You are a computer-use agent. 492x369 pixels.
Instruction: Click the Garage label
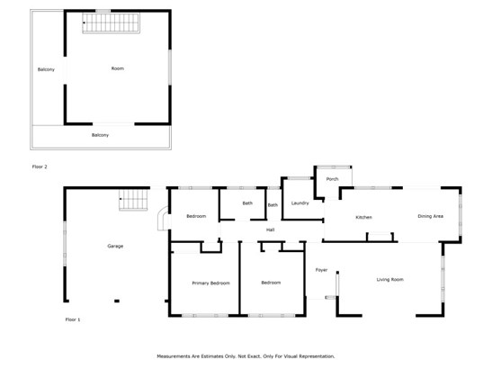115,247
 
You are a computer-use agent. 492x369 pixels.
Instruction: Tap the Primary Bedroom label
210,283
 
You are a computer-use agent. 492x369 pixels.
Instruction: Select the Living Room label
390,280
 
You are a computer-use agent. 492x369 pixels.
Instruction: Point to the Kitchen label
363,217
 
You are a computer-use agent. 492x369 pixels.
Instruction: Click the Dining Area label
431,216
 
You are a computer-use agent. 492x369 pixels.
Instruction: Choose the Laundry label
300,203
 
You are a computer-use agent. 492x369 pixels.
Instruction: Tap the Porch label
332,179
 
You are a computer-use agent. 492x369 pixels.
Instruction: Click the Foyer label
321,270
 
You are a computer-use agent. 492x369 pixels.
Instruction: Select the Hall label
271,229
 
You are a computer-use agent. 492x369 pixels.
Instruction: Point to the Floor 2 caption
40,166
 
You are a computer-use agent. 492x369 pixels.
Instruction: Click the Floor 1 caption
73,319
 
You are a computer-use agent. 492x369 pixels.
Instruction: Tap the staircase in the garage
133,200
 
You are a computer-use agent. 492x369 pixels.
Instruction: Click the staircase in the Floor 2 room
111,22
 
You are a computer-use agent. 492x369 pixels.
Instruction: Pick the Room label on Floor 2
118,68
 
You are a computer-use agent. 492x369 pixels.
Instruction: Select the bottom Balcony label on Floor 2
100,135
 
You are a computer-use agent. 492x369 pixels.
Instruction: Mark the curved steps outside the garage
163,219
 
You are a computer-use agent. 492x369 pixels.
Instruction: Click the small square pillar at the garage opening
117,301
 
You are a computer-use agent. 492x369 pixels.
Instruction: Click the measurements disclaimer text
246,356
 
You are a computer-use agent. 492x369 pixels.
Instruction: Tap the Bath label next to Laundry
273,205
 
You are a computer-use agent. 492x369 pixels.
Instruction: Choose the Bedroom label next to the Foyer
271,283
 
